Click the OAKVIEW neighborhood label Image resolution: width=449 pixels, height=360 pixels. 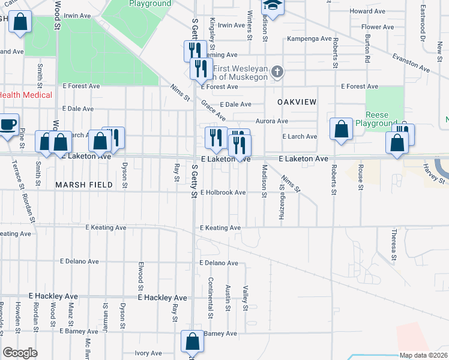[297, 103]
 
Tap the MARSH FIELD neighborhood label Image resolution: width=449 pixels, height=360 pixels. [84, 185]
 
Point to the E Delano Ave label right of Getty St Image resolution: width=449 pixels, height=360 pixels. [218, 263]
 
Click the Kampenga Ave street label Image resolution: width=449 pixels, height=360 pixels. [309, 38]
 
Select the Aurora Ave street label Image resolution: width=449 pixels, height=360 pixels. [273, 121]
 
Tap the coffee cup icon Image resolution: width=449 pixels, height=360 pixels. [7, 125]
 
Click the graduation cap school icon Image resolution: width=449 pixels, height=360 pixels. [273, 6]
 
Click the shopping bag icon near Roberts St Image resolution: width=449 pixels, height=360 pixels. [341, 129]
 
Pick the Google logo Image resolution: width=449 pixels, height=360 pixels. [20, 353]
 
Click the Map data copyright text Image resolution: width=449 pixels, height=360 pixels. [423, 355]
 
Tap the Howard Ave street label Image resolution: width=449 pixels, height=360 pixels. [366, 11]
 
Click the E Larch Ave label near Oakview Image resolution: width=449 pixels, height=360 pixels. [300, 137]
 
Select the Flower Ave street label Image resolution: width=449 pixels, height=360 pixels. [376, 27]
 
